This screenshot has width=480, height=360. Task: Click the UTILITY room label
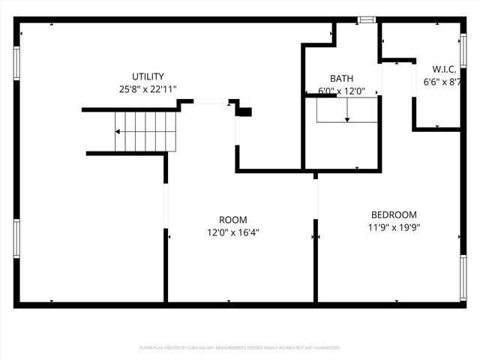point(148,76)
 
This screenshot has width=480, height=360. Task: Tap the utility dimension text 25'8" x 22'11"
point(148,88)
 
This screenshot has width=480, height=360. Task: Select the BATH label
point(341,79)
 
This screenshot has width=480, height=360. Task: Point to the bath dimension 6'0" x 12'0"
point(341,91)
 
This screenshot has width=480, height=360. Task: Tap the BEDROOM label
point(393,214)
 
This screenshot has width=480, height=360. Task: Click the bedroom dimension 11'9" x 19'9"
point(393,227)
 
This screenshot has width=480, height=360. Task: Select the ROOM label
point(232,220)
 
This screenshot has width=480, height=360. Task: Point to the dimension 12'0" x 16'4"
point(232,232)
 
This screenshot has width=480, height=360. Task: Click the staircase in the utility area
point(145,130)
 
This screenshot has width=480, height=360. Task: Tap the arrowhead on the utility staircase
point(117,132)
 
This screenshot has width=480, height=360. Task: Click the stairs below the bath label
point(347,110)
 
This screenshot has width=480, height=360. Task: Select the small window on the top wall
point(365,20)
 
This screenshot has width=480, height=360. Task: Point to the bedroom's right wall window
point(463,277)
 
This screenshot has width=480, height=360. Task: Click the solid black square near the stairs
point(244,112)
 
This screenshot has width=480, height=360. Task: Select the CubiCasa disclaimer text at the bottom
point(240,348)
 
